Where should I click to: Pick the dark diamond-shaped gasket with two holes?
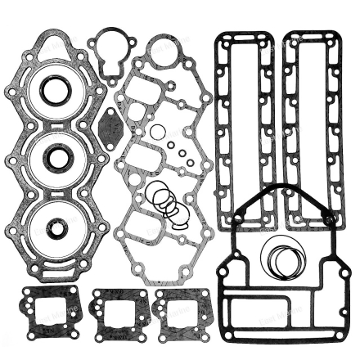110,128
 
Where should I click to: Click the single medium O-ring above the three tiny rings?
158,131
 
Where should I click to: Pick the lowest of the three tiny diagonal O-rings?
182,159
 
